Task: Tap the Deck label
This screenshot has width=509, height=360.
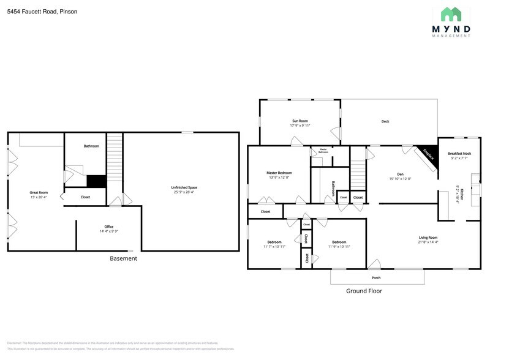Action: tap(385, 121)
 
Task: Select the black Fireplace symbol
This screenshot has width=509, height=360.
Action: tap(426, 155)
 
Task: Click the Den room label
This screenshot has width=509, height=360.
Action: tap(400, 176)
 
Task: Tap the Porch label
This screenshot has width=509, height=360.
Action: tap(375, 277)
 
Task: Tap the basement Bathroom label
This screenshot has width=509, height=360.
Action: tap(91, 146)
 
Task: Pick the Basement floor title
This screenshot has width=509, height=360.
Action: tap(123, 258)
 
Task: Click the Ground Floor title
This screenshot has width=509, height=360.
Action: tap(364, 291)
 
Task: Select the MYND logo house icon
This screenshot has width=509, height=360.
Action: tap(456, 15)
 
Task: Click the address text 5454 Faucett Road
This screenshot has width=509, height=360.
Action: tap(42, 12)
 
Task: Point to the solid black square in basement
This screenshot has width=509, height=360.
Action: tap(97, 181)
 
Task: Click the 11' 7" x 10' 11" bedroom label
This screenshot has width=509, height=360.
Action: tap(274, 244)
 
